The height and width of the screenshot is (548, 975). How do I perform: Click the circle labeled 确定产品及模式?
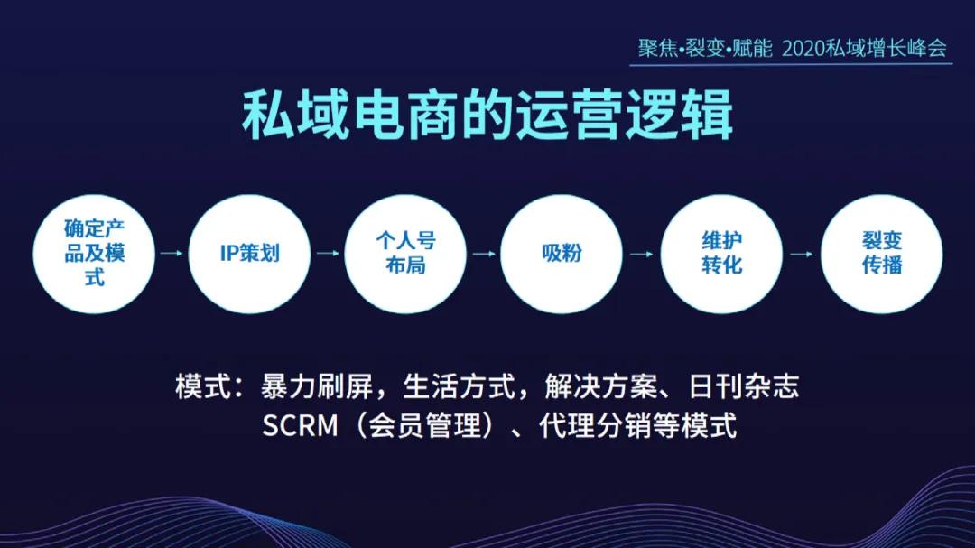(x=94, y=253)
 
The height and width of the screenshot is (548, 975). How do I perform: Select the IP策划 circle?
(x=250, y=253)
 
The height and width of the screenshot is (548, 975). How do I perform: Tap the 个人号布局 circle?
(x=405, y=253)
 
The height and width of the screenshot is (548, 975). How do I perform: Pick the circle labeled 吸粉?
(x=562, y=253)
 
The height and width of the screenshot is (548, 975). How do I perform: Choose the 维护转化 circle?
(x=721, y=253)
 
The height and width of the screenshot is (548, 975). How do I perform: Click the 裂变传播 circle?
(x=881, y=253)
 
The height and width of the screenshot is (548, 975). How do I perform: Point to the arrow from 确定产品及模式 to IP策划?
(x=172, y=254)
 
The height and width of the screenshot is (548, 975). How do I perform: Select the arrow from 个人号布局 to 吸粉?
(x=484, y=254)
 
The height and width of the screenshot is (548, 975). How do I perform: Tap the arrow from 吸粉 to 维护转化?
(x=641, y=254)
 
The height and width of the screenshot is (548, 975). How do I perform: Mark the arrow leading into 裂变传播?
(x=801, y=254)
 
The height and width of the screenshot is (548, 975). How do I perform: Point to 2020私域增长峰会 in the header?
(x=864, y=48)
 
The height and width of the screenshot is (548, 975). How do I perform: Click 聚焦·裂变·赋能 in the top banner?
(x=705, y=48)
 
